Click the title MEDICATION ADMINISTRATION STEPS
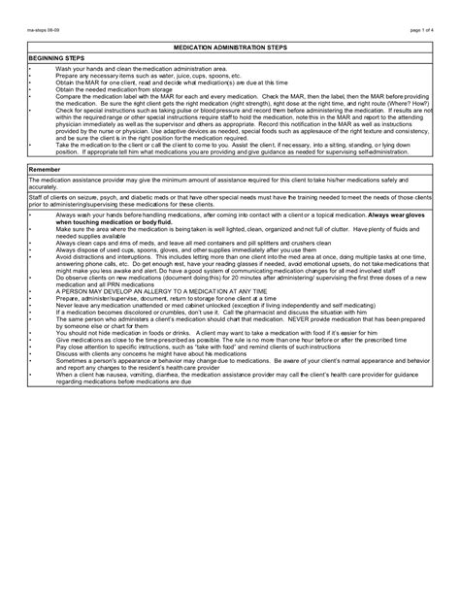[229, 47]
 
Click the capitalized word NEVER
[305, 318]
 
